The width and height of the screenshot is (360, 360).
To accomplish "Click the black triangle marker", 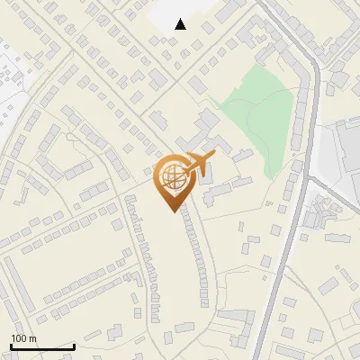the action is pyautogui.click(x=181, y=24).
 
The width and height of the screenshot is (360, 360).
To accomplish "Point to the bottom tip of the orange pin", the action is pyautogui.click(x=171, y=211).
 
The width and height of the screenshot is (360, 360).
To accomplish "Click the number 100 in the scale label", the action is pyautogui.click(x=19, y=338).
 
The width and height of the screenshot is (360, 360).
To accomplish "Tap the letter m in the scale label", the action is pyautogui.click(x=32, y=338).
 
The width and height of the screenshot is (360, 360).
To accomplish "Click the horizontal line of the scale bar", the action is pyautogui.click(x=42, y=346).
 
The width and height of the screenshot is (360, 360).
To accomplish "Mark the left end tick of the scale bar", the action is pyautogui.click(x=11, y=345).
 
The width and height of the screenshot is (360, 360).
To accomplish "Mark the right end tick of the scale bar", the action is pyautogui.click(x=74, y=345).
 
